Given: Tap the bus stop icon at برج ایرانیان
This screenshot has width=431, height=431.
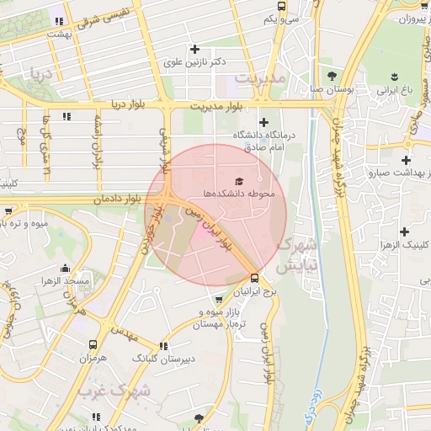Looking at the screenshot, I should coord(255,277).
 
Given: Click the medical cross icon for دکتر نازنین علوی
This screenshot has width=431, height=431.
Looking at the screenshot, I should coord(194,49).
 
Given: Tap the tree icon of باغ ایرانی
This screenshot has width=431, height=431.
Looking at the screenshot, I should coord(393,74).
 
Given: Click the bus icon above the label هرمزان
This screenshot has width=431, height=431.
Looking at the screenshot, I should coord(93,344).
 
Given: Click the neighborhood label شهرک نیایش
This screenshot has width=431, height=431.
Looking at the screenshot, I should coord(296,254).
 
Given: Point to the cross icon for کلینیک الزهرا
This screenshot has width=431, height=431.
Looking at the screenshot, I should coord(405,231).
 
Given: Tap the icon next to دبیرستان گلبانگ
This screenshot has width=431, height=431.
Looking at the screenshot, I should coord(162,345).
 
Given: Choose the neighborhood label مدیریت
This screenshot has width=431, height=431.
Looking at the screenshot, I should coord(261,77).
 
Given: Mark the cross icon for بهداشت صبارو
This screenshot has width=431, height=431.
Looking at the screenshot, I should coord(407,159).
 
